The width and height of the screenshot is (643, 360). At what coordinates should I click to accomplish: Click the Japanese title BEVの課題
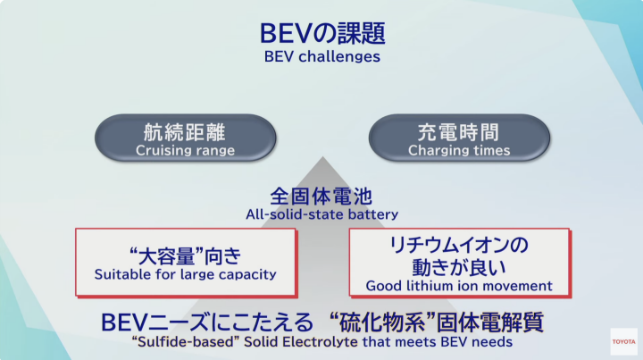[322, 33]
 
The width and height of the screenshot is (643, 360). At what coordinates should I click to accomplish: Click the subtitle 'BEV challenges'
[321, 56]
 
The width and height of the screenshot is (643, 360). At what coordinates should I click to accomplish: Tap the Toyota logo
[623, 341]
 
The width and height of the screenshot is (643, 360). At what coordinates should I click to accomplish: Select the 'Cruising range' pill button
[186, 138]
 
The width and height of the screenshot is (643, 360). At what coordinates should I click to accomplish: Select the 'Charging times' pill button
[459, 138]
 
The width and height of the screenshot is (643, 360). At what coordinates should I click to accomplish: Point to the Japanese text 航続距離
[185, 132]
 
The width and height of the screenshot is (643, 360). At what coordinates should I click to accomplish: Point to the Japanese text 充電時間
[458, 132]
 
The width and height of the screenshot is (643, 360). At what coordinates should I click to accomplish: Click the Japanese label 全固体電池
[321, 197]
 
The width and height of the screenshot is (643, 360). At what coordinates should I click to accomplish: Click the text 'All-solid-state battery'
[321, 214]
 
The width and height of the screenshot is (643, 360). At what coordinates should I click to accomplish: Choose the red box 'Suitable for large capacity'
[186, 263]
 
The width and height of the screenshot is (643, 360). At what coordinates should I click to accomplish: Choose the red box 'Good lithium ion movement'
[460, 263]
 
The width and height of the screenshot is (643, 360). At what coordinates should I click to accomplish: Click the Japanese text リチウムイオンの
[459, 245]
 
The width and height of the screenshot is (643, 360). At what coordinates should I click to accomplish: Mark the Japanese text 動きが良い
[459, 267]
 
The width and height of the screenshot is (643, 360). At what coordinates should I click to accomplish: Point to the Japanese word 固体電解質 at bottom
[490, 322]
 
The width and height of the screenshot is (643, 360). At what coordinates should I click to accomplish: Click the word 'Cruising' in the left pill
[161, 150]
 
